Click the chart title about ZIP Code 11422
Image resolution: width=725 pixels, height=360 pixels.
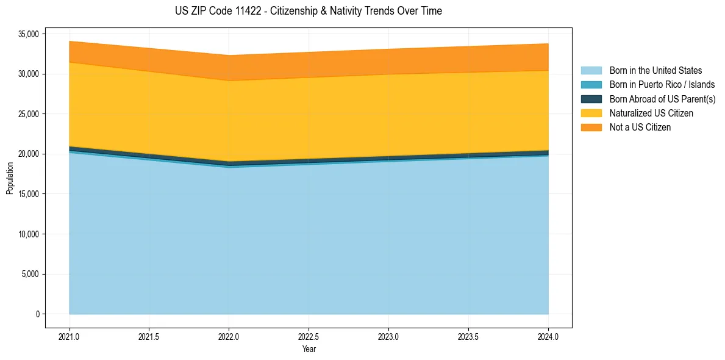click(x=308, y=11)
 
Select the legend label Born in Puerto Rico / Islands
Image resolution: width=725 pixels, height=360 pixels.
click(x=662, y=85)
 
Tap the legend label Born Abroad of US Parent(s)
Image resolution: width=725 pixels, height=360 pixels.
click(x=662, y=99)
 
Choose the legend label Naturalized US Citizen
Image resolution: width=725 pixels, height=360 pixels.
click(x=651, y=113)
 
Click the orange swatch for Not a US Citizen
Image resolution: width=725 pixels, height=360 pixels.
click(x=591, y=128)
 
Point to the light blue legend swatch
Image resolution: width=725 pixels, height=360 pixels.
click(x=591, y=71)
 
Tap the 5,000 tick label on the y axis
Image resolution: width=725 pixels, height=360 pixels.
click(x=30, y=274)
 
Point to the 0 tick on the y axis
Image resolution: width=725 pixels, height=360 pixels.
click(x=37, y=314)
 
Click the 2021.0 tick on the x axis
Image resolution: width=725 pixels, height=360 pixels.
click(x=70, y=336)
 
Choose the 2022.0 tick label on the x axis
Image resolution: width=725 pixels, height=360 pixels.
click(x=229, y=336)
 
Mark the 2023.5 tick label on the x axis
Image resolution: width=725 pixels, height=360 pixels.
click(x=468, y=336)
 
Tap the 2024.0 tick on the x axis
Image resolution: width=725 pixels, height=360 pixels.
click(x=548, y=336)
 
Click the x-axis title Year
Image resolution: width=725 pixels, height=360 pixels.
click(x=309, y=349)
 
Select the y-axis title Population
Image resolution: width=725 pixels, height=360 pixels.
click(x=10, y=178)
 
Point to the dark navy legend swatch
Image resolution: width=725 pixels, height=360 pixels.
click(x=591, y=99)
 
